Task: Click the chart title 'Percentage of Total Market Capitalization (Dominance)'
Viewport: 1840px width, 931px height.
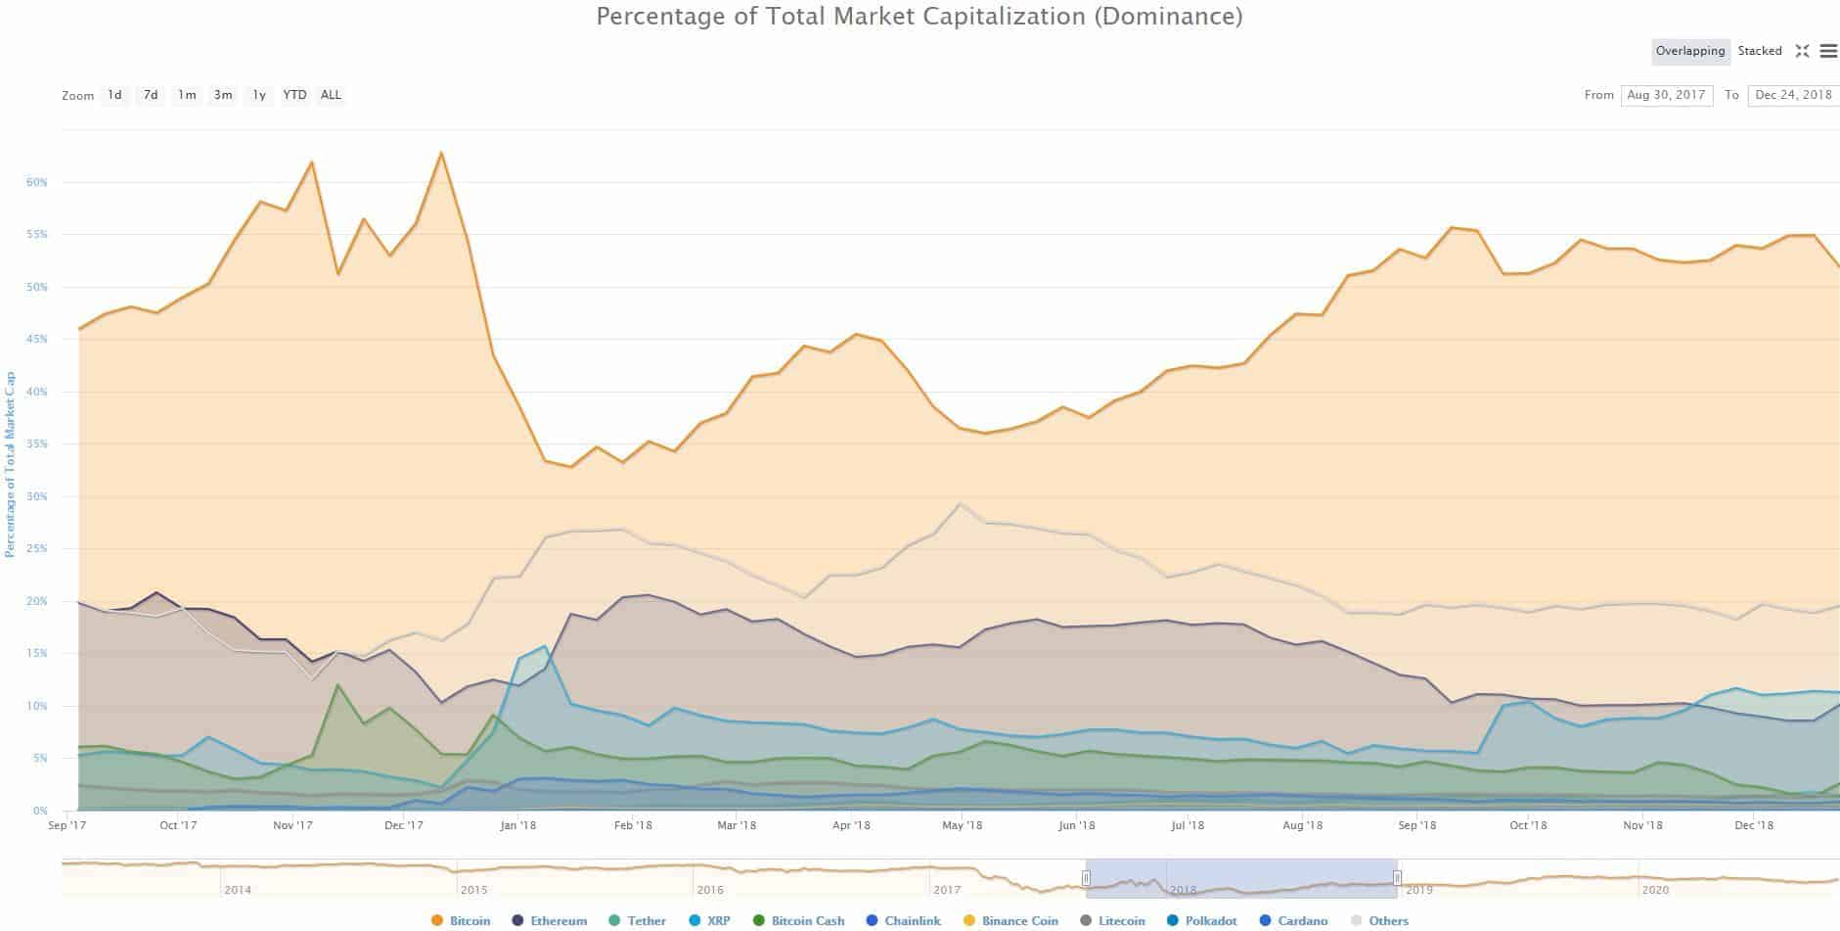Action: point(920,17)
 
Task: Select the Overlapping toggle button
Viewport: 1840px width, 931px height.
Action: point(1690,51)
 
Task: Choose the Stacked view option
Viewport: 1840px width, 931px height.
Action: point(1760,51)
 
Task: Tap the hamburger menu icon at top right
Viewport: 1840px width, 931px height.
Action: point(1828,51)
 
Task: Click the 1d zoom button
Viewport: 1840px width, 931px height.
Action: point(114,95)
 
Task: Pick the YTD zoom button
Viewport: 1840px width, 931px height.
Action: point(294,95)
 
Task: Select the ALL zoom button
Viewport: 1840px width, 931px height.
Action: point(331,95)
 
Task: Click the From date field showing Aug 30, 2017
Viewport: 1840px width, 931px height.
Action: point(1666,95)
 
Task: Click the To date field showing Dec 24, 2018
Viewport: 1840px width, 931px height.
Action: point(1793,95)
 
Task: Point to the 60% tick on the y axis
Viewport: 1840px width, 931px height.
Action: point(37,183)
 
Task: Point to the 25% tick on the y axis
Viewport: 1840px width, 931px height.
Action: point(37,549)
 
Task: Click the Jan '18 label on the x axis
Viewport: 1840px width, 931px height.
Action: point(517,825)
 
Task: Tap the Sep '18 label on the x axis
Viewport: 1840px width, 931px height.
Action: point(1416,825)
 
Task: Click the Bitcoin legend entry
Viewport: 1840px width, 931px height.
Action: point(461,920)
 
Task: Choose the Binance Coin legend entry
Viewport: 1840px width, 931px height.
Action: point(1010,920)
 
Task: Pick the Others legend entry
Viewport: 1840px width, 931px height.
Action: point(1379,920)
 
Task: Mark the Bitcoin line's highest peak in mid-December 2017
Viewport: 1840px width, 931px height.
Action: point(441,153)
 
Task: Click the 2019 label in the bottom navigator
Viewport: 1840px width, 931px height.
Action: point(1418,890)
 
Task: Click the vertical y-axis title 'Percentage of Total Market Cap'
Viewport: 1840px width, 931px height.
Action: point(10,464)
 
